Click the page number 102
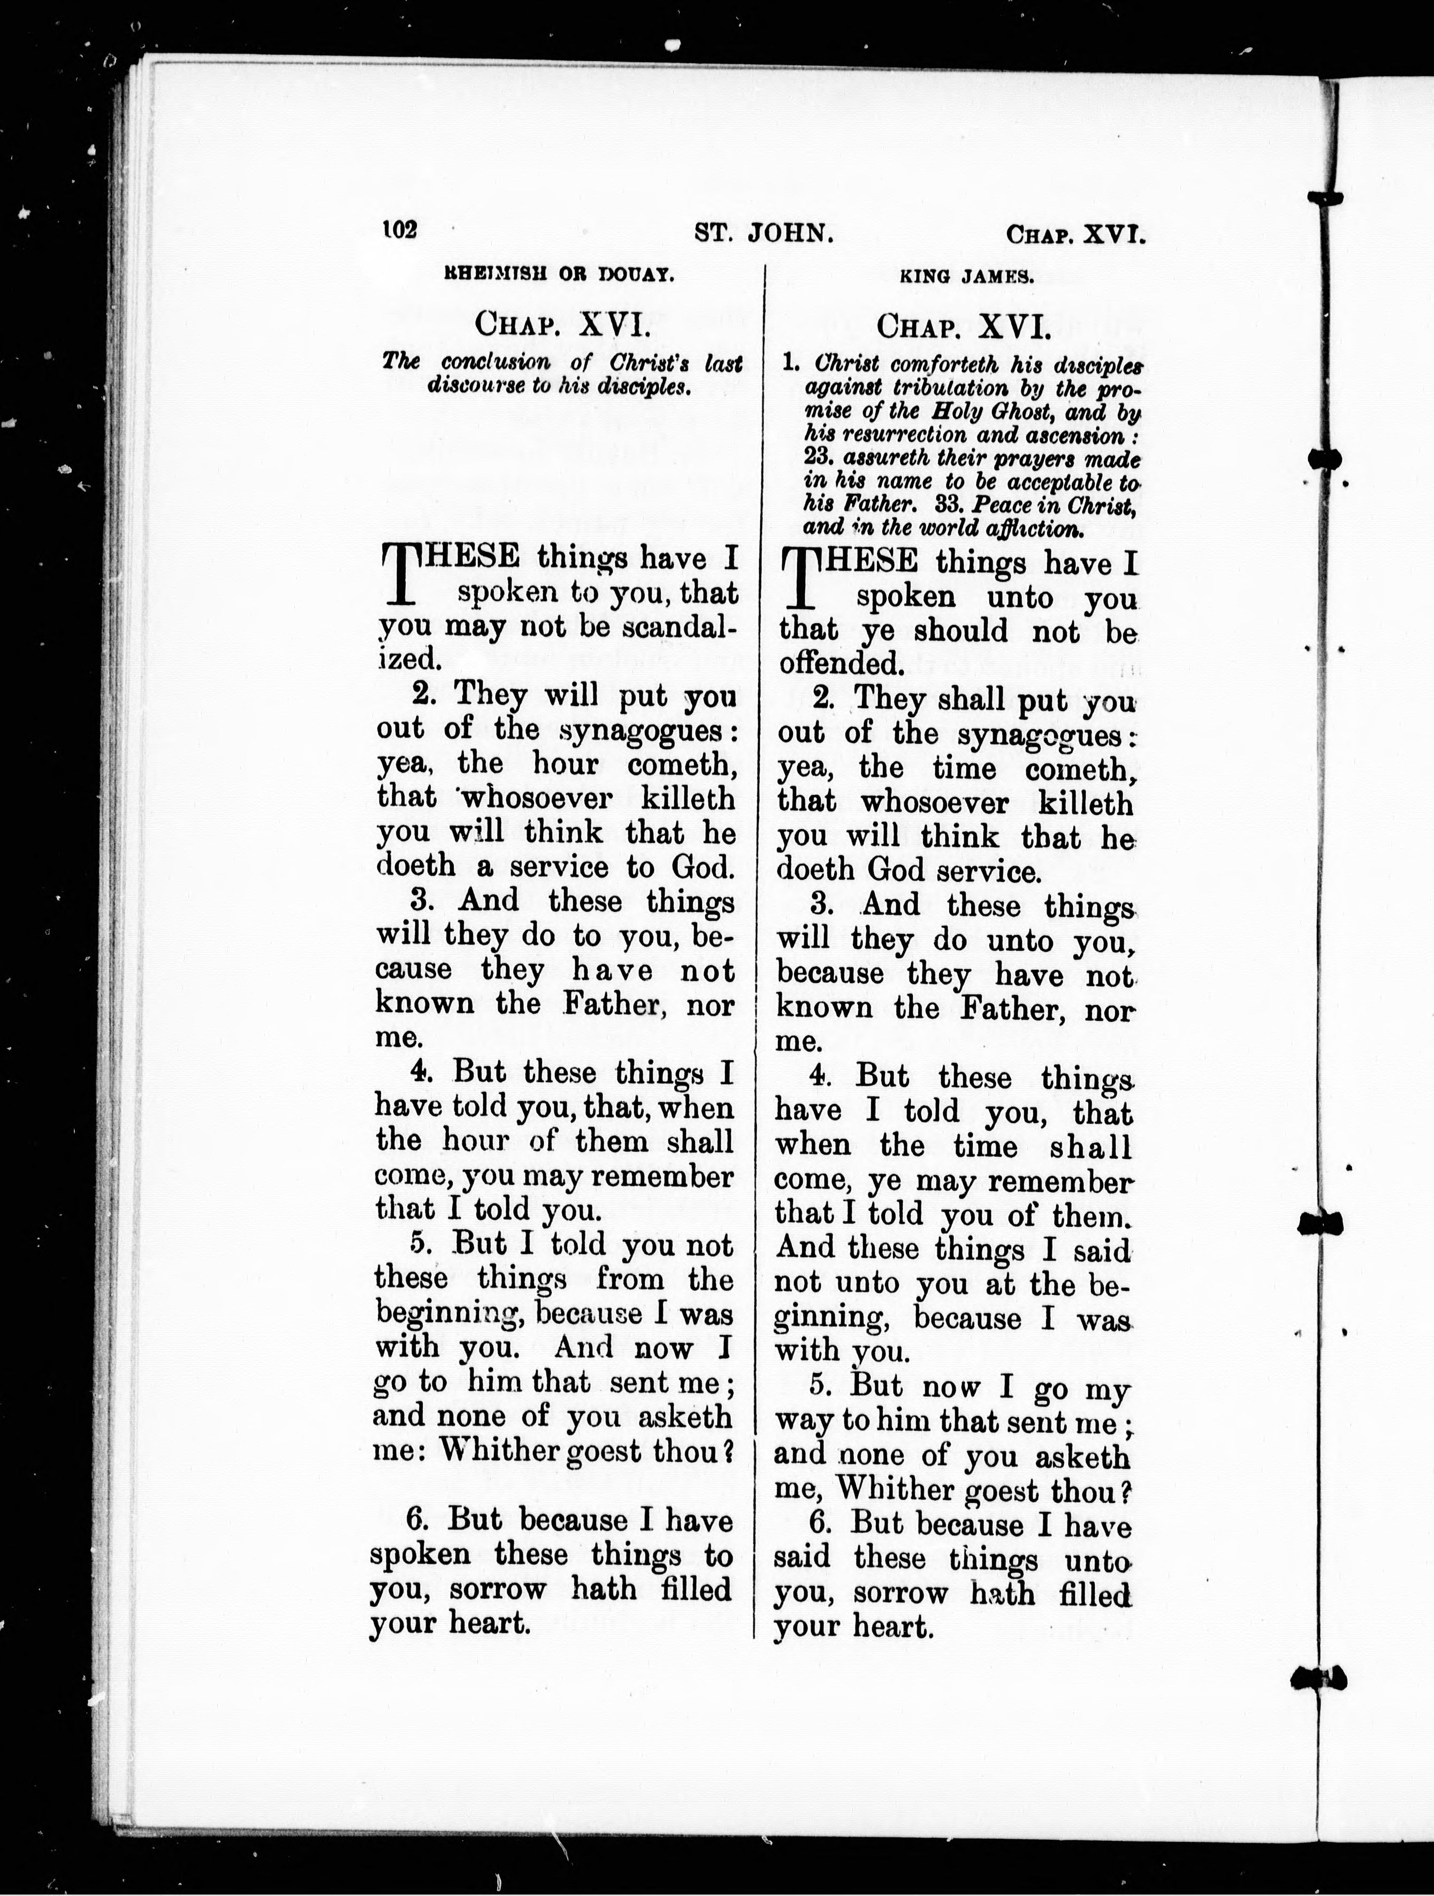point(399,230)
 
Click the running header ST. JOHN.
point(764,232)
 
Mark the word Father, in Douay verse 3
point(615,1004)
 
